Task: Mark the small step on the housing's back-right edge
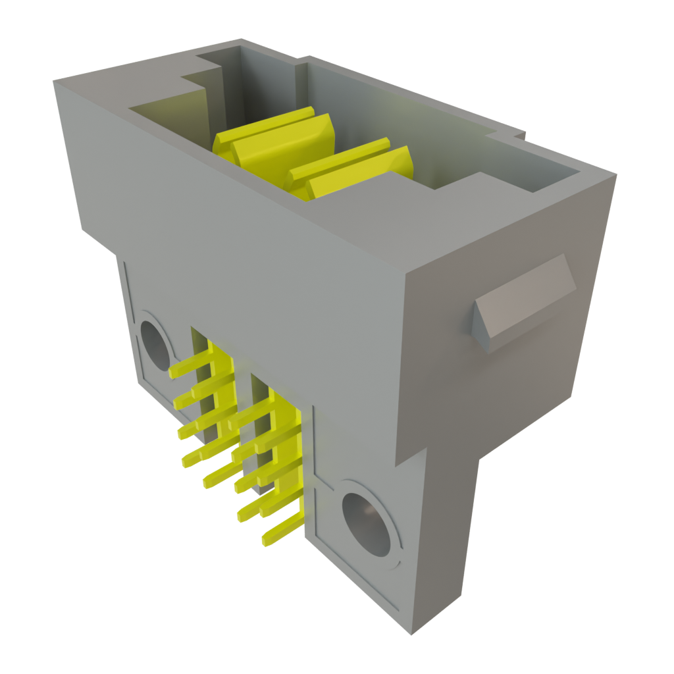point(517,135)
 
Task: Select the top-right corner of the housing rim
point(616,174)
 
